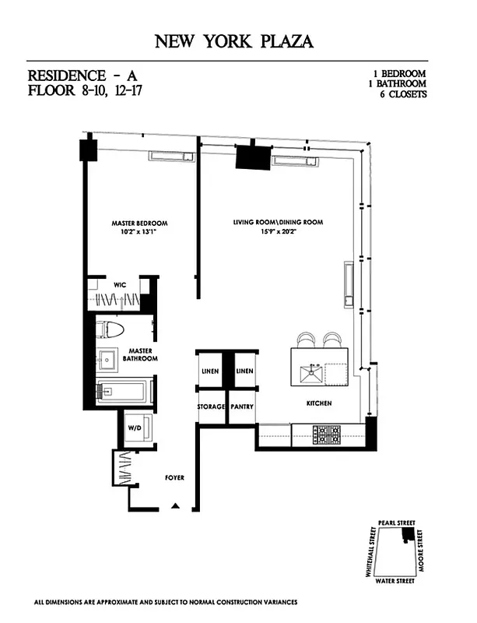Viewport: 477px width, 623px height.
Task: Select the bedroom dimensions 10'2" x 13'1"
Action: click(x=139, y=232)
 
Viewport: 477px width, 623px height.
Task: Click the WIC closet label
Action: click(x=120, y=285)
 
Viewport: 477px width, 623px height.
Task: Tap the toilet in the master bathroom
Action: click(x=110, y=329)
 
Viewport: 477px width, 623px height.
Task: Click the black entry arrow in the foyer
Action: click(x=176, y=506)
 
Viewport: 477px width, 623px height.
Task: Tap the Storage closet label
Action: click(x=210, y=407)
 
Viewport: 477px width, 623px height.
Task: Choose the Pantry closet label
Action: click(x=243, y=407)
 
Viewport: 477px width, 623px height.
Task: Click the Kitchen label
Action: click(x=319, y=403)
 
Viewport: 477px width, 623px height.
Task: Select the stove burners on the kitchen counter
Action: click(x=327, y=434)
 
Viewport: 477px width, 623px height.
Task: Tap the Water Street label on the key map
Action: click(x=394, y=581)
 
